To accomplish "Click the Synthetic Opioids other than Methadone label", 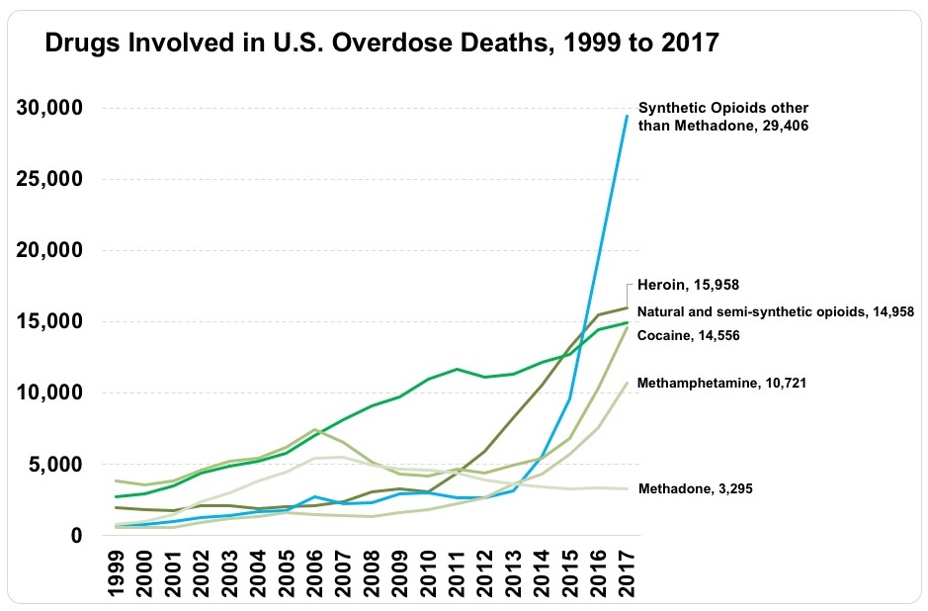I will pyautogui.click(x=724, y=118).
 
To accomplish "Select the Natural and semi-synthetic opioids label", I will pyautogui.click(x=775, y=311).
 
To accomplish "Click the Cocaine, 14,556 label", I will pyautogui.click(x=689, y=336).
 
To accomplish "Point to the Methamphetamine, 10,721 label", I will pyautogui.click(x=724, y=382).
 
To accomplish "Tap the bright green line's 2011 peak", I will pyautogui.click(x=457, y=369).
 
